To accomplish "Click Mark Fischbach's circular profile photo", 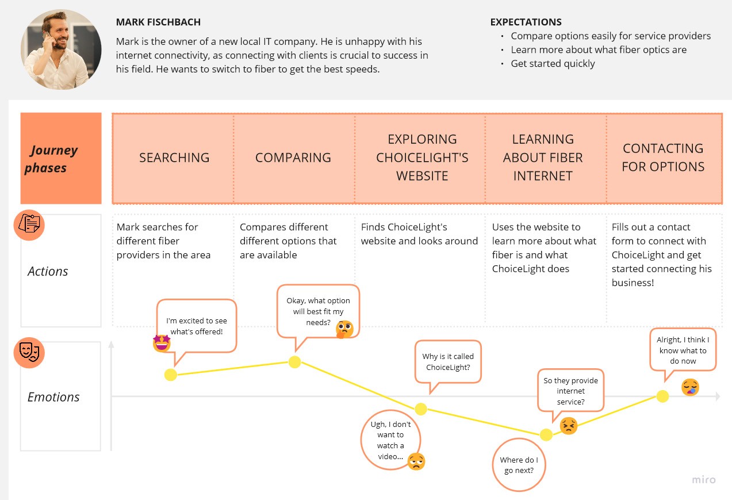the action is click(61, 49).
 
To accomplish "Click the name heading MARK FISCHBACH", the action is click(158, 22).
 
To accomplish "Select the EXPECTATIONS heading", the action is click(526, 22).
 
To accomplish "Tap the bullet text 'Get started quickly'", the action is click(553, 63).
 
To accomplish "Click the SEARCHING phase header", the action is click(174, 158).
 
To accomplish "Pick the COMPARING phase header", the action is click(293, 158).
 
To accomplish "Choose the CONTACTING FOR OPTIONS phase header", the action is click(663, 158).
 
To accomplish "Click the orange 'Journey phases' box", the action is click(61, 158).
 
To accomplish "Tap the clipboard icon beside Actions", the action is click(29, 225).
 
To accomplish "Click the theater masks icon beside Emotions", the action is click(29, 353).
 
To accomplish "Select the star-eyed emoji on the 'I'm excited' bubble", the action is click(162, 343).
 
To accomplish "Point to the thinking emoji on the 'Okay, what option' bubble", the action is click(344, 329).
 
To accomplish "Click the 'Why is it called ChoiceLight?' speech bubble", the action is click(448, 362).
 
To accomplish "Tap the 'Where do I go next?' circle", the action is click(519, 465).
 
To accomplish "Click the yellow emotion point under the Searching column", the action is click(171, 375).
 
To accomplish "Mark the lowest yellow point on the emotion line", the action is click(546, 434).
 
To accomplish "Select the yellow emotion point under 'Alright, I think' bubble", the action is click(662, 396).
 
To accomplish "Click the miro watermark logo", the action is click(704, 480).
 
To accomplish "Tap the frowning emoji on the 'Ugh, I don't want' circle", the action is click(416, 461).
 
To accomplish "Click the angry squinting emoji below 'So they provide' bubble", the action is click(568, 425).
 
